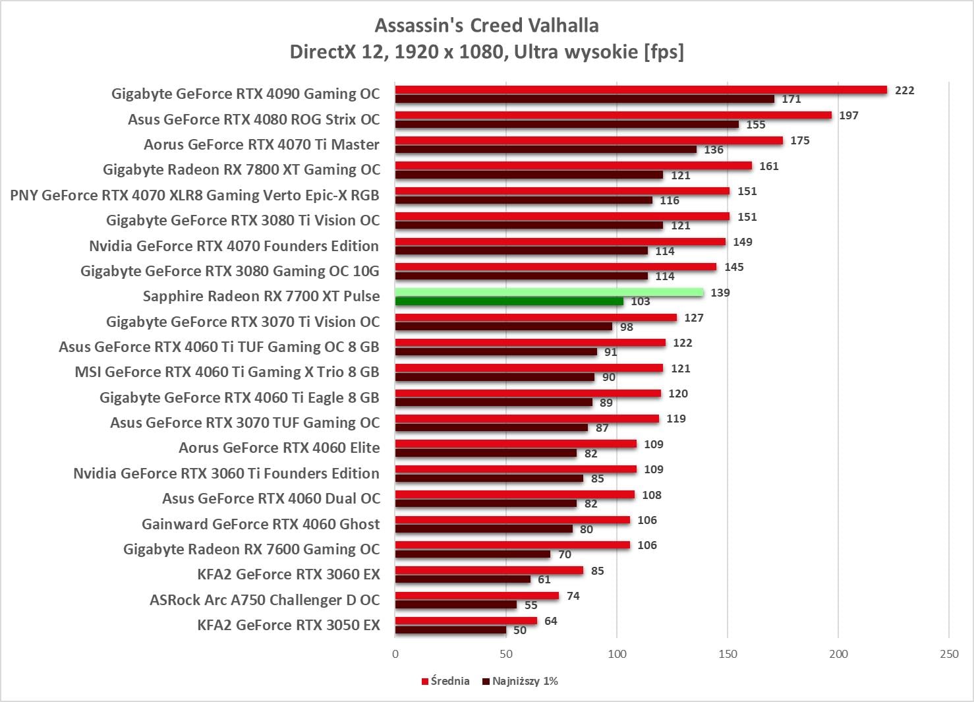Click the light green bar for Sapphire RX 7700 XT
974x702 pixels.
coord(549,292)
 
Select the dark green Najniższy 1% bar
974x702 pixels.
coord(509,301)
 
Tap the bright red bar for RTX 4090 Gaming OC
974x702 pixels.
coord(641,90)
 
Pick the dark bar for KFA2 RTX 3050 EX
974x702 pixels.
coord(450,630)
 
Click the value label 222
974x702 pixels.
coord(904,90)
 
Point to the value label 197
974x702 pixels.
coord(849,115)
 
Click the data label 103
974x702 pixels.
coord(640,301)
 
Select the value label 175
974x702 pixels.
coord(799,140)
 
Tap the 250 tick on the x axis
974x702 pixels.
coord(949,654)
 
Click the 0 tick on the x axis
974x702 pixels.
coord(395,654)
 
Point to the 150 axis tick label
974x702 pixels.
coord(728,654)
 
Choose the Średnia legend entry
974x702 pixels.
coord(445,681)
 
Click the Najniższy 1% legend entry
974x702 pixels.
coord(520,681)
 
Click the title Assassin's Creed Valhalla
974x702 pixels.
coord(486,25)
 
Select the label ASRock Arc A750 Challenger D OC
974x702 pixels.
coord(264,600)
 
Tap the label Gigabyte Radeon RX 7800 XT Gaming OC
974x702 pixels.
coord(241,169)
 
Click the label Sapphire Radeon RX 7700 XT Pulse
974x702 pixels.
coord(261,296)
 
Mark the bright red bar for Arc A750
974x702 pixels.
coord(476,595)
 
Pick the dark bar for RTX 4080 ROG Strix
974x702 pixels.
coord(567,124)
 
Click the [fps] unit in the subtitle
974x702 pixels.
coord(664,51)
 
